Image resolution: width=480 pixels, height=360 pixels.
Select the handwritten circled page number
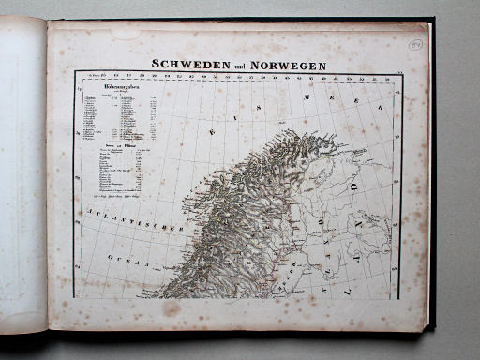pos(416,45)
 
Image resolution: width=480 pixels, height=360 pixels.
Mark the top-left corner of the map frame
pos(75,72)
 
